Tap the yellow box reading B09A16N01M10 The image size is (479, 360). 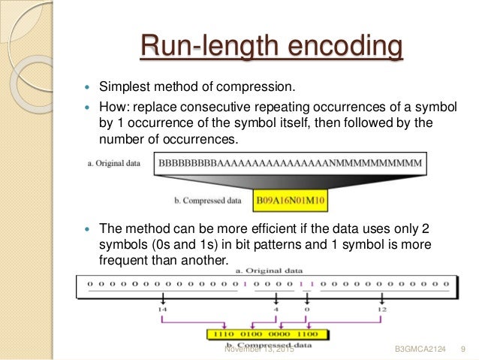[293, 201]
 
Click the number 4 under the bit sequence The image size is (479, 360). [275, 309]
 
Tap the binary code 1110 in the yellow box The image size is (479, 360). [224, 334]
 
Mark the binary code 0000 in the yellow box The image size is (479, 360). [280, 334]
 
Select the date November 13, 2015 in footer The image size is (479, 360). [260, 350]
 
